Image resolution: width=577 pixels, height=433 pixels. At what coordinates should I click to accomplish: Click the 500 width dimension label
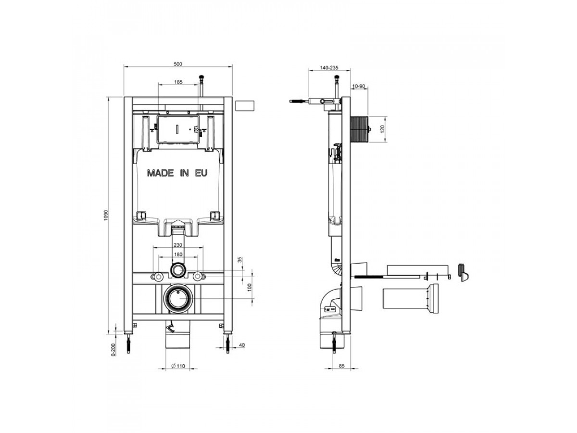point(178,64)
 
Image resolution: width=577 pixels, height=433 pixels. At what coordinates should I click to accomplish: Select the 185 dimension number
point(178,82)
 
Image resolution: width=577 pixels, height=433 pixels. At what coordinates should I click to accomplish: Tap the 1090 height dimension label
point(106,215)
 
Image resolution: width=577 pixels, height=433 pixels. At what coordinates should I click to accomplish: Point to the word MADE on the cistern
point(160,173)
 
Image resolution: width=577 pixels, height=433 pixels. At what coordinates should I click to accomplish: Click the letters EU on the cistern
point(201,173)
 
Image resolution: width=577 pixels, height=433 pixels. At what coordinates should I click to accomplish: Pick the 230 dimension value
point(178,245)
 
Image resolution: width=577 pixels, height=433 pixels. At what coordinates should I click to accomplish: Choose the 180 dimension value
point(178,255)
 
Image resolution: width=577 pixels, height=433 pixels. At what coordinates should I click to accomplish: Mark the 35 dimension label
point(240,260)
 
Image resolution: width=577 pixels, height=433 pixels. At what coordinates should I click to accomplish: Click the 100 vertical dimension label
point(250,287)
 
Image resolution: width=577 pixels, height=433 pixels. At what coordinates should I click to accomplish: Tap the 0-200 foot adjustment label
point(113,349)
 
